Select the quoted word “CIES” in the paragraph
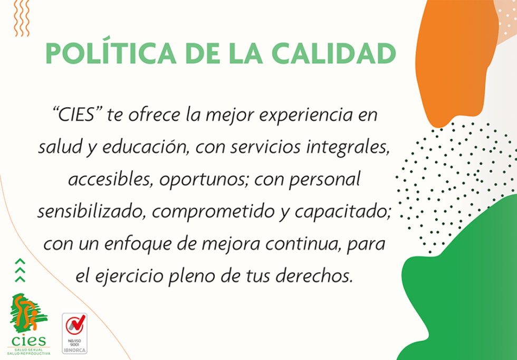(x=76, y=114)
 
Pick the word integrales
(x=349, y=147)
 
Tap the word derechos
(x=313, y=276)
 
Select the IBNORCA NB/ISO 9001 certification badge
(x=75, y=333)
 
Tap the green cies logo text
(x=28, y=340)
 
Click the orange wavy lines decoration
(x=22, y=18)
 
